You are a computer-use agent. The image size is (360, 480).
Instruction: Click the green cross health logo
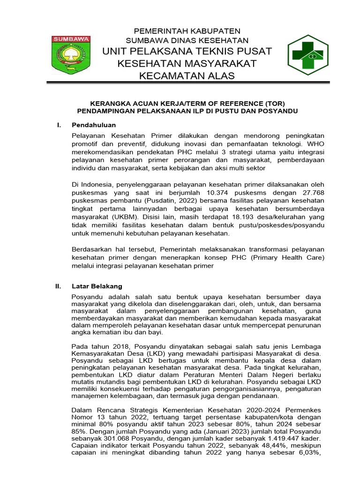click(307, 55)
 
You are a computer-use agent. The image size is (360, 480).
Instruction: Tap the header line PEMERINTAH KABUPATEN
click(187, 30)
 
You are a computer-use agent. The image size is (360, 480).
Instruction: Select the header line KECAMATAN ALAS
click(187, 75)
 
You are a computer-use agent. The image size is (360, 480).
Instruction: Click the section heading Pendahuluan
click(93, 125)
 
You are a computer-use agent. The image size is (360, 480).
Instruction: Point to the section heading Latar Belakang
click(97, 286)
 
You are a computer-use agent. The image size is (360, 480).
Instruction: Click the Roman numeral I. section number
click(59, 125)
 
